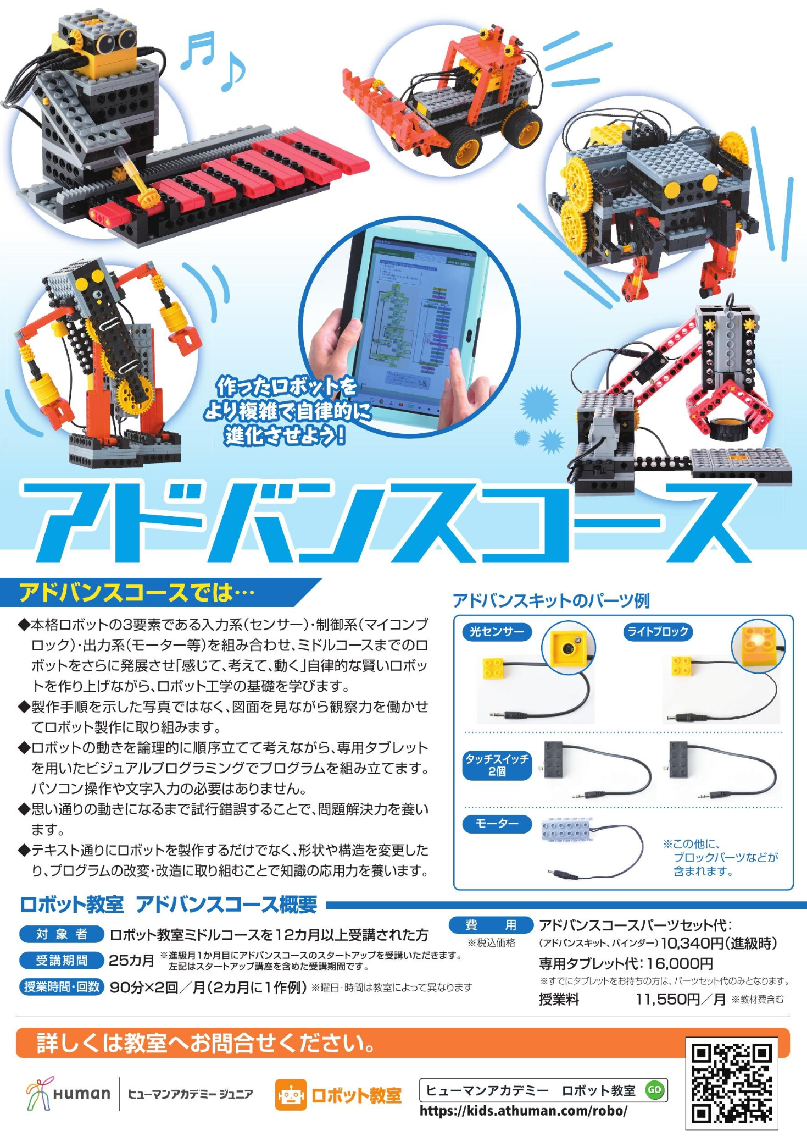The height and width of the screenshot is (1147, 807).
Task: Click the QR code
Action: click(732, 1084)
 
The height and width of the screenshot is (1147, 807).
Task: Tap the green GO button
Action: click(654, 1090)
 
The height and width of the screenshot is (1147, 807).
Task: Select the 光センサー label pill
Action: click(497, 632)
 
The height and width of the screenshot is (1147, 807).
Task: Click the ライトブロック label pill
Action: click(658, 632)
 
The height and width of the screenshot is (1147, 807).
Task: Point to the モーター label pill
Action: click(497, 824)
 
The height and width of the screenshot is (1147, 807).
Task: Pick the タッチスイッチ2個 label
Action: click(497, 765)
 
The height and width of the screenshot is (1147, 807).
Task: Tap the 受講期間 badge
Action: click(62, 961)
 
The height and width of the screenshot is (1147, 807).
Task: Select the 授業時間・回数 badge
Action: click(62, 987)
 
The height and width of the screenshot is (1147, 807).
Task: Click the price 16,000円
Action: click(680, 964)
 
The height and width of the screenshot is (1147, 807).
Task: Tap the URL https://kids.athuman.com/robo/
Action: click(523, 1111)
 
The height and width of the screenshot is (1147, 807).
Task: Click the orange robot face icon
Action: click(291, 1095)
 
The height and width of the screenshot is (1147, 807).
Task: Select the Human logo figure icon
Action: click(38, 1093)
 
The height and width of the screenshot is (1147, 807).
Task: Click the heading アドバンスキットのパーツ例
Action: click(551, 601)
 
